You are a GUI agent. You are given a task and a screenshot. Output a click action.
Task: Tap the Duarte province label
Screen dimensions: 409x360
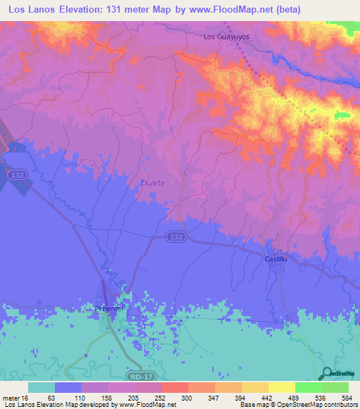pyautogui.click(x=153, y=183)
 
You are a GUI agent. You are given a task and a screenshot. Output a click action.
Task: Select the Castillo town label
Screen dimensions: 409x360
pyautogui.click(x=276, y=259)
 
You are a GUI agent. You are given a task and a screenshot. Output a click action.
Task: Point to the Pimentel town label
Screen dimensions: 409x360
pyautogui.click(x=109, y=309)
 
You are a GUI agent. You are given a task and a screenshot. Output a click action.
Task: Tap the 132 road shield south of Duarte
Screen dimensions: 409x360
pyautogui.click(x=177, y=238)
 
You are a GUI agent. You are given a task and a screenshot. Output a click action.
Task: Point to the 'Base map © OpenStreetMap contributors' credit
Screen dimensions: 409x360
pyautogui.click(x=298, y=405)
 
